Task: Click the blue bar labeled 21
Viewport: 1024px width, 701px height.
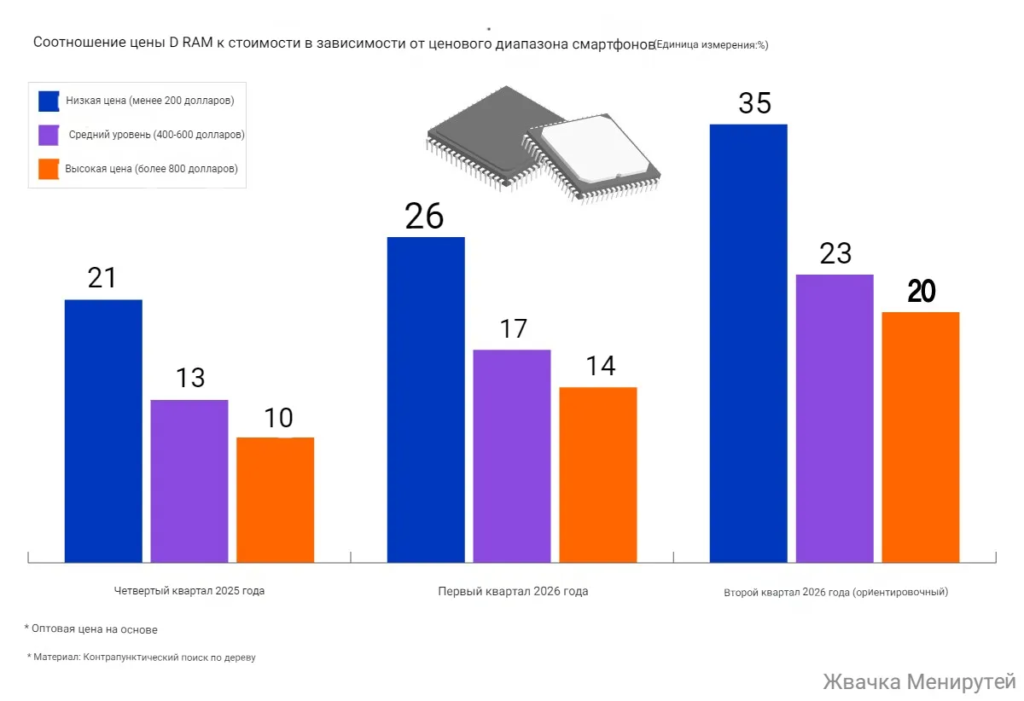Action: click(x=103, y=431)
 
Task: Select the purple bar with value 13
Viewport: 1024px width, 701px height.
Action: click(x=189, y=480)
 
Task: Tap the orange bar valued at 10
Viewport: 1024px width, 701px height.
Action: click(x=275, y=500)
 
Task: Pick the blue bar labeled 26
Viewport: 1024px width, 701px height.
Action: click(x=426, y=399)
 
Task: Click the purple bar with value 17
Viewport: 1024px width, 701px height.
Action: click(x=512, y=455)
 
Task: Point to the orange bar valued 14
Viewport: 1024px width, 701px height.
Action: click(x=597, y=474)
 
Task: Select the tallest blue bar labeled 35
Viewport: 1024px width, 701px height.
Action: click(x=748, y=343)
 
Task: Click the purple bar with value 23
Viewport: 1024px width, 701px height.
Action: click(x=835, y=418)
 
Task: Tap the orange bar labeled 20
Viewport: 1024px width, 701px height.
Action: click(x=920, y=437)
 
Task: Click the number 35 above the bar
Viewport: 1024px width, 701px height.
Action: click(x=754, y=103)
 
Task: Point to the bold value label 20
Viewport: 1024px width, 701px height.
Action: click(x=922, y=292)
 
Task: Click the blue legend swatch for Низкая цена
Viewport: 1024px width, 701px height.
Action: click(x=49, y=101)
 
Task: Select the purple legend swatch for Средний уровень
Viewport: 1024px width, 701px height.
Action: click(x=49, y=135)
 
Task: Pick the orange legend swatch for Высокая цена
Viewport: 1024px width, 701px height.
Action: click(x=49, y=169)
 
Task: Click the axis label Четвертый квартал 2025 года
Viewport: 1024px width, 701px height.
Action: click(x=189, y=591)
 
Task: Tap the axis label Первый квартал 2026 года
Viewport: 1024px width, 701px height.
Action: click(x=513, y=591)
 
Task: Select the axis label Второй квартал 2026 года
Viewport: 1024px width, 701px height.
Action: click(x=835, y=591)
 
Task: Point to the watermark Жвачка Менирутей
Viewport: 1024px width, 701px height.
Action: click(x=919, y=682)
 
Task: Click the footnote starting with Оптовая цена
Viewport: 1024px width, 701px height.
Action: click(x=91, y=629)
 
